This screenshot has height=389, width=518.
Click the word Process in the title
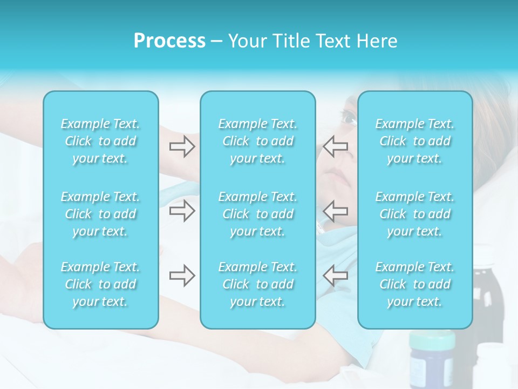pos(169,41)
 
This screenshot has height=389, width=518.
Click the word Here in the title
pos(378,41)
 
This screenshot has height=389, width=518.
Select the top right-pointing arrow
pos(182,146)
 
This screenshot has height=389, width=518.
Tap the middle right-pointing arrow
pos(182,211)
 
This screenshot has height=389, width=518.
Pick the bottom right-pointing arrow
pos(182,276)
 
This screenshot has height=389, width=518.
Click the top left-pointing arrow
pos(336,146)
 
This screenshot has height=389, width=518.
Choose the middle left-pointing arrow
pos(336,211)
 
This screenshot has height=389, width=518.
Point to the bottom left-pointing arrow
pos(336,276)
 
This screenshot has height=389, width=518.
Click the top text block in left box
pos(100,141)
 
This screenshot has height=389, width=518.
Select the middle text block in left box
pos(100,214)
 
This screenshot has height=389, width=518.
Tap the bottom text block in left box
pos(100,284)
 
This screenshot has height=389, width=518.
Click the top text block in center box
pos(257,141)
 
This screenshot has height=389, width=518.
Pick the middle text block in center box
pos(257,214)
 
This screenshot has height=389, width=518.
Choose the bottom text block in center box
pos(257,284)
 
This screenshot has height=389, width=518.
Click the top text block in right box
pos(414,141)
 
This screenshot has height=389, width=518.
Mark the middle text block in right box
pos(414,214)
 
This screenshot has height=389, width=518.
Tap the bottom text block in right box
pos(414,284)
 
